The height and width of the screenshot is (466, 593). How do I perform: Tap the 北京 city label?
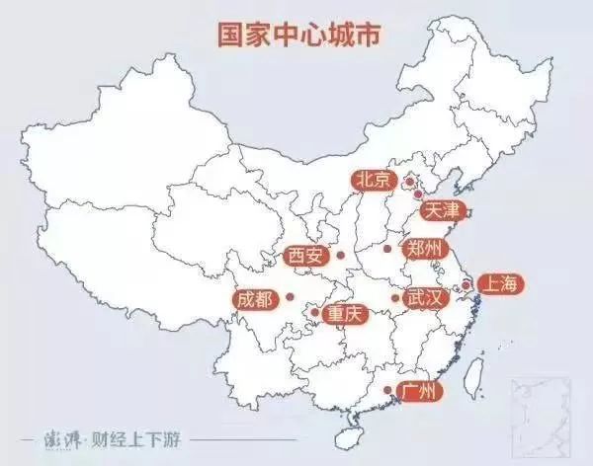coord(373,180)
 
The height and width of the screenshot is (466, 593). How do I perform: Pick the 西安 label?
coord(304,256)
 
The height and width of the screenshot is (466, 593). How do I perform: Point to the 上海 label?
coord(496,284)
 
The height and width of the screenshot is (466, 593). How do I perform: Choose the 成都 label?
coord(255,297)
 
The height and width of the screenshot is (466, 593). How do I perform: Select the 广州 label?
coord(418,392)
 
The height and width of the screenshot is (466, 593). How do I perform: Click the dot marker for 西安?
coord(340,255)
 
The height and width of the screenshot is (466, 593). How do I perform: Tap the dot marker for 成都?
coord(290,296)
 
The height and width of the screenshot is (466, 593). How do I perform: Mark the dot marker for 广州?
coord(385,392)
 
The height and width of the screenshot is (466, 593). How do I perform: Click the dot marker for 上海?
coord(463,285)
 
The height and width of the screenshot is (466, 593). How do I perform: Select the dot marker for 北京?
coord(408,182)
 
